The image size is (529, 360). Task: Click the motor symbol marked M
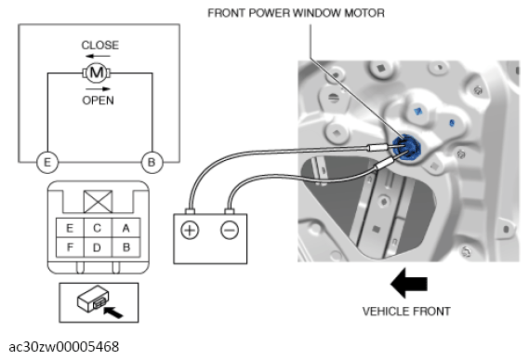(97, 73)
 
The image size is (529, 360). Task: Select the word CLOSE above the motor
(99, 45)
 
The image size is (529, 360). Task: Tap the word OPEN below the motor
(98, 100)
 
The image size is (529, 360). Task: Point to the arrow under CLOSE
(98, 56)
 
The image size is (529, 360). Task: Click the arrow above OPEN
(98, 89)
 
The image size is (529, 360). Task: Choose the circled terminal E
(47, 163)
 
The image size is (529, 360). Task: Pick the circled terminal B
(152, 163)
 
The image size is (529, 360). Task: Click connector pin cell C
(98, 228)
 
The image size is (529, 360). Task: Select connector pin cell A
(126, 228)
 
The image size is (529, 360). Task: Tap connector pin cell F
(70, 247)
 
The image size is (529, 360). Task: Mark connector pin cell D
(98, 247)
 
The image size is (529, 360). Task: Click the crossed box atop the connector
(98, 202)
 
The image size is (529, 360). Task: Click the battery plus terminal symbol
(190, 231)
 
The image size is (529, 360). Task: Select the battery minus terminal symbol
(230, 231)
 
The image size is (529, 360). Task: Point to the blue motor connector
(407, 148)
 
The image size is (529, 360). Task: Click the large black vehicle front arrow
(409, 284)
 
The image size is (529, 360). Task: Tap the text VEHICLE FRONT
(406, 311)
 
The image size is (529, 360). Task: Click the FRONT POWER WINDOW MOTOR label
(296, 13)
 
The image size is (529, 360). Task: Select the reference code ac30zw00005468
(64, 347)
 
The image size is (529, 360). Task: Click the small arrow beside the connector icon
(113, 312)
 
